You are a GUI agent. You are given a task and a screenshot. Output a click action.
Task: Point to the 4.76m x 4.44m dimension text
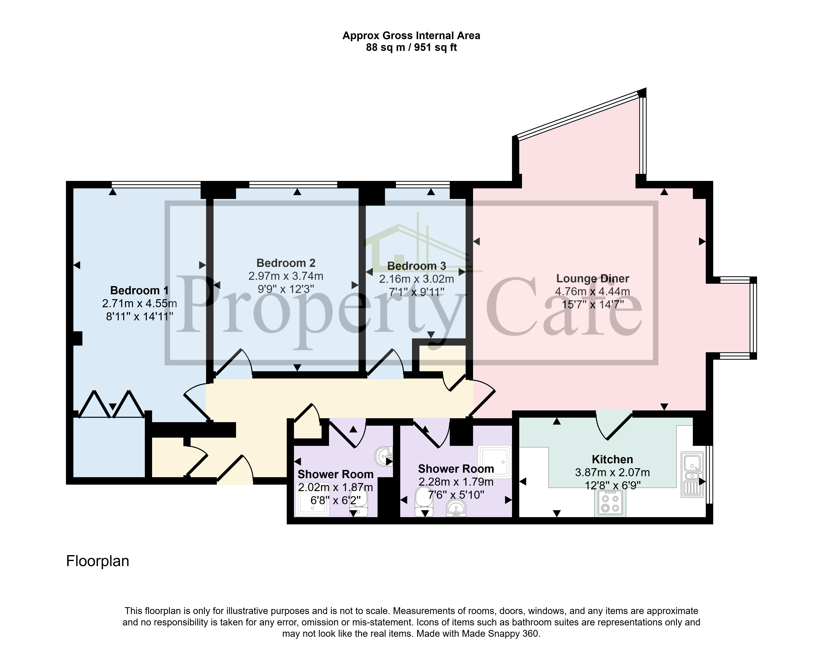tap(592, 292)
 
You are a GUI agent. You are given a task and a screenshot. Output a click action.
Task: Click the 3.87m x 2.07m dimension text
tap(612, 472)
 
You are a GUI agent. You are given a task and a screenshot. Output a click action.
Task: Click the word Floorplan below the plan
tap(98, 561)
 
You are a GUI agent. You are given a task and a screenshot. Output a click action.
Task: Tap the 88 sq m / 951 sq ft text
tap(411, 47)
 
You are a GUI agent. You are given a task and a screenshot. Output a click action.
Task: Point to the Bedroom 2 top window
tap(293, 185)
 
